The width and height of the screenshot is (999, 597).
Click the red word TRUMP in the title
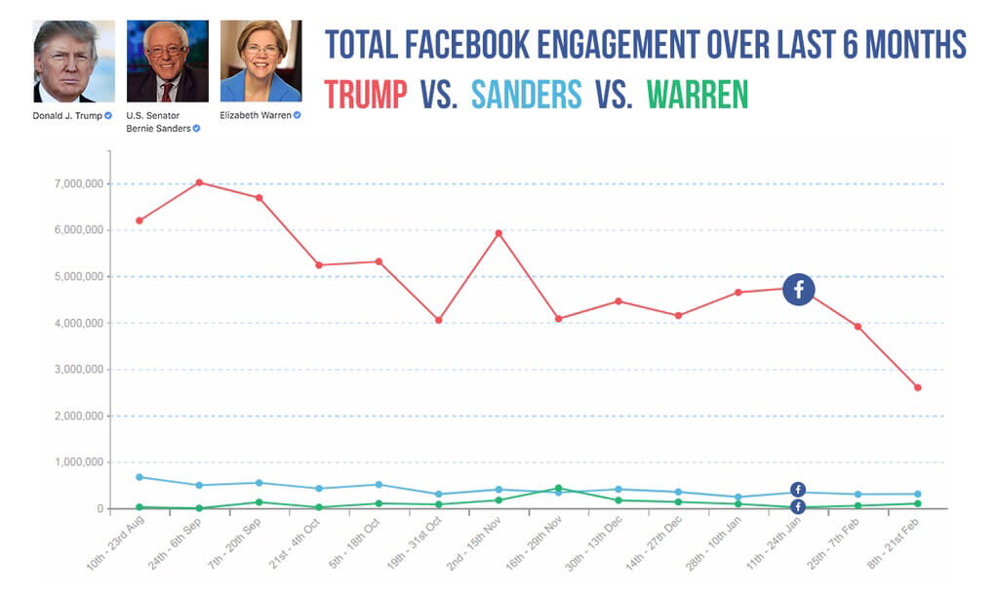click(x=366, y=94)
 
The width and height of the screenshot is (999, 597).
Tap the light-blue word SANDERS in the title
click(x=526, y=94)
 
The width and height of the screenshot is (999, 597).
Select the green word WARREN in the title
click(x=697, y=94)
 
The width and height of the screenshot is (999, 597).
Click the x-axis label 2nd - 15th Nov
click(x=475, y=547)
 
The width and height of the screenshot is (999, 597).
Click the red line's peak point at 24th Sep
click(x=199, y=182)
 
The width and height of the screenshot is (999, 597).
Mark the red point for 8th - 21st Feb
click(x=917, y=387)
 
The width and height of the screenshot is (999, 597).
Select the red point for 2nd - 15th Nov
click(x=499, y=233)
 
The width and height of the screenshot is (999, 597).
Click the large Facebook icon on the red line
click(x=798, y=289)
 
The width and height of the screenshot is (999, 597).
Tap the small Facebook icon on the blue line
click(x=797, y=490)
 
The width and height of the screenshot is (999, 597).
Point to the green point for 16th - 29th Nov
click(x=558, y=488)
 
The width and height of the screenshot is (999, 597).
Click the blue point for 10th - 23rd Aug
click(x=140, y=477)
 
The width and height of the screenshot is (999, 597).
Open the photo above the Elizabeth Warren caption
click(x=260, y=61)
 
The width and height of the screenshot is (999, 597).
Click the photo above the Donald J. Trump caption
click(x=74, y=61)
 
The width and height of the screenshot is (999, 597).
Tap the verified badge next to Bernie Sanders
click(x=196, y=129)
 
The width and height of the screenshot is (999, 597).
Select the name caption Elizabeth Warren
click(x=256, y=115)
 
